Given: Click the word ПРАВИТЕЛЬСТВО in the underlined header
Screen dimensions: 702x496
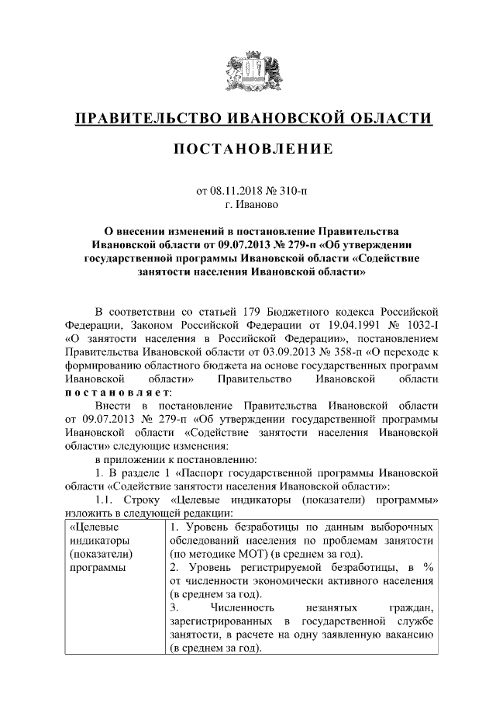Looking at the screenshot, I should pos(146,119).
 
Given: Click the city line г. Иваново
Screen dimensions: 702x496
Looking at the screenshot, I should pos(248,203).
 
